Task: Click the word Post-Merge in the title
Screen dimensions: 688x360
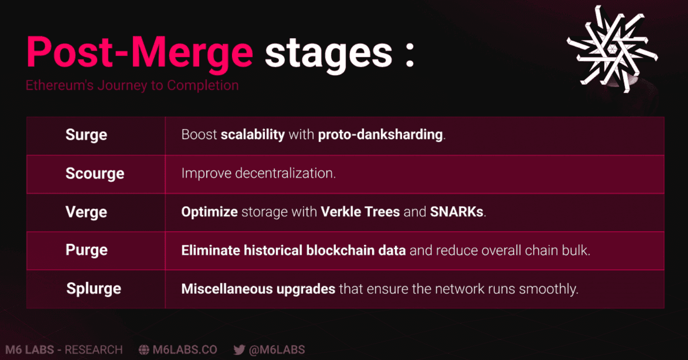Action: click(140, 53)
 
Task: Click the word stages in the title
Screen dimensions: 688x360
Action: click(329, 55)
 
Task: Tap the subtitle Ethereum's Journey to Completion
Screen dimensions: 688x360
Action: click(132, 85)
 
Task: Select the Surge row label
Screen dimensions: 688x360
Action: click(86, 135)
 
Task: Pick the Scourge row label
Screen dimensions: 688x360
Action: click(95, 174)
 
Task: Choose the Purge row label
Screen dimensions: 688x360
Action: click(87, 250)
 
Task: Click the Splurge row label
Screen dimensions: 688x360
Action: click(94, 289)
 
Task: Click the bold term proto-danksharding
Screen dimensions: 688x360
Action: click(380, 135)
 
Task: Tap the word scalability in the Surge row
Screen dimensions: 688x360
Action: click(253, 135)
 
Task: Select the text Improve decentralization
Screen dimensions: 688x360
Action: click(258, 173)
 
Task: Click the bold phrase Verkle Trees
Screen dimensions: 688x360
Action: click(360, 212)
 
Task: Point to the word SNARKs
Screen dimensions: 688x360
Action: click(457, 212)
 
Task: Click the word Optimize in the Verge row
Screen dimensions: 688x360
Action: click(209, 212)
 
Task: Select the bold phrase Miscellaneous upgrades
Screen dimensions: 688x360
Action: click(258, 289)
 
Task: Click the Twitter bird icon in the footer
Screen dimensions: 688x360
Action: click(239, 350)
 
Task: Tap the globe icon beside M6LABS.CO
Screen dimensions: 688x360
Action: click(144, 350)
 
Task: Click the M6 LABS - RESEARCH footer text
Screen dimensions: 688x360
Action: click(64, 350)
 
